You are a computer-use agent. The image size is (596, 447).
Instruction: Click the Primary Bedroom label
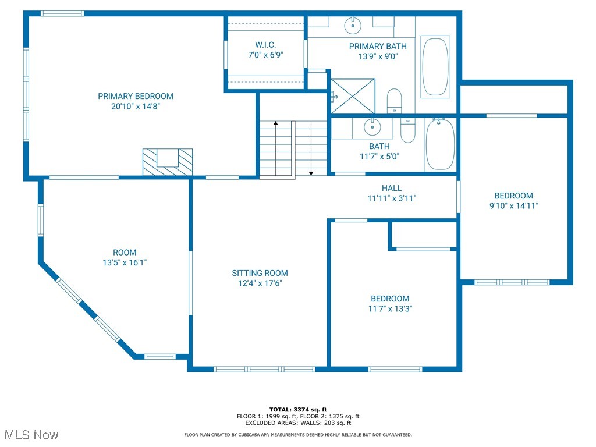click(136, 96)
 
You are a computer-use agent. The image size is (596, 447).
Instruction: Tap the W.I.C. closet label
click(265, 45)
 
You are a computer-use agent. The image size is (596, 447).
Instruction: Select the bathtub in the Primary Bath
click(435, 67)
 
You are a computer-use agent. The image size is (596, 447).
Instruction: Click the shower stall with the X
click(353, 96)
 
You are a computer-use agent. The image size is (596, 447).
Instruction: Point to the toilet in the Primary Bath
click(394, 101)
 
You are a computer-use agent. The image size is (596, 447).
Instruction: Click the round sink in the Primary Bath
click(353, 25)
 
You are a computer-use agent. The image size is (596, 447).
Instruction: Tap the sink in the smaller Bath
click(372, 126)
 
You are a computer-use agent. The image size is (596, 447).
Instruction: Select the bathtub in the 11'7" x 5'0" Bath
click(440, 144)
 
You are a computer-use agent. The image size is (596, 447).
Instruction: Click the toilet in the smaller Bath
click(408, 130)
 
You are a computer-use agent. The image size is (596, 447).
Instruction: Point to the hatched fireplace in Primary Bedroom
click(168, 162)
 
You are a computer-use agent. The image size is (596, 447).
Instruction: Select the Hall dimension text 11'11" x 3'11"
click(392, 198)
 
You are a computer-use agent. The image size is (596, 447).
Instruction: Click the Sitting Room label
click(260, 273)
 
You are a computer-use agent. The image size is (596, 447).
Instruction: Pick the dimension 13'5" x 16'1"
click(125, 262)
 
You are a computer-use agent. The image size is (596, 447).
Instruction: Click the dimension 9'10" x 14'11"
click(513, 205)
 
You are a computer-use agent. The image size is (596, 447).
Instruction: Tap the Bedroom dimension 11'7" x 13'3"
click(390, 308)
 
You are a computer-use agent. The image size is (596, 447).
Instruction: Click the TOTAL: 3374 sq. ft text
click(298, 409)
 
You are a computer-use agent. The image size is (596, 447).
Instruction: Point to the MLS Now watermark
click(31, 435)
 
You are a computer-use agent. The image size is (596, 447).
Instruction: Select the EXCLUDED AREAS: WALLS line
click(298, 423)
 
